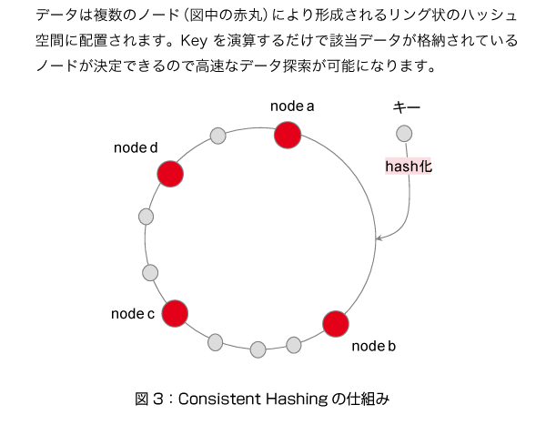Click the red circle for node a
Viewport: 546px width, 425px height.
288,136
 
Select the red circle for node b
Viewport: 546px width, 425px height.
336,324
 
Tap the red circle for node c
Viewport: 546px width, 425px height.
175,314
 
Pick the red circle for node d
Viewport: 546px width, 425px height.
170,174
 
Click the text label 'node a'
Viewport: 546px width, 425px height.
292,106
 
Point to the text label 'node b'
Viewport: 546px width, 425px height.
374,346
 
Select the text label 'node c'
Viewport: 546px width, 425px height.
133,314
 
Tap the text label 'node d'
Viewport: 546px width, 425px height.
136,147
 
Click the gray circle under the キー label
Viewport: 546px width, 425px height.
404,134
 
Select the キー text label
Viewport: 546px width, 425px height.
407,107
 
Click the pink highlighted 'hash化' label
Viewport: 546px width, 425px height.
409,167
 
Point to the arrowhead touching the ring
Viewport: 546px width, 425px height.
379,238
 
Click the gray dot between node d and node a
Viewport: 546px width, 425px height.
218,136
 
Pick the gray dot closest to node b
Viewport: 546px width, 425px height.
294,345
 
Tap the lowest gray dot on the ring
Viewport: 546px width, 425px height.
258,349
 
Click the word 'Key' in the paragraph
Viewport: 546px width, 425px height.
194,41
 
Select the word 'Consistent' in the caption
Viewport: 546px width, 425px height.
219,400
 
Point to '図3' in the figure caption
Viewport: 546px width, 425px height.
149,400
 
